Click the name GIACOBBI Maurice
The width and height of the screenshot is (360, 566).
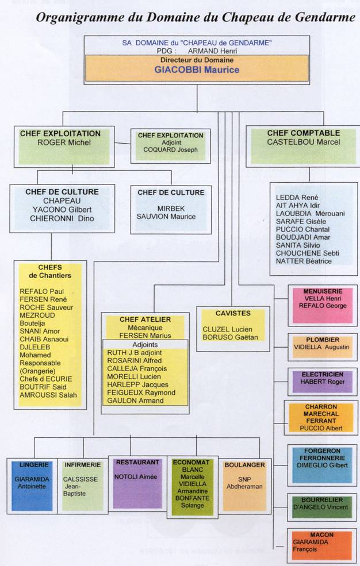(197, 70)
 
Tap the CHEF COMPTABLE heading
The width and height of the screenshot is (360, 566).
(303, 133)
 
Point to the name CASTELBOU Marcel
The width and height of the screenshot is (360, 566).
(303, 142)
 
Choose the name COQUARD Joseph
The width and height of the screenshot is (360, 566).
(170, 150)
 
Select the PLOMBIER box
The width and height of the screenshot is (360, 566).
(321, 344)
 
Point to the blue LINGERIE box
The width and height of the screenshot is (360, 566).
(32, 485)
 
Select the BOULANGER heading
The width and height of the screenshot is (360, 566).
(245, 465)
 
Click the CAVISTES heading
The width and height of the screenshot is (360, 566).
(232, 313)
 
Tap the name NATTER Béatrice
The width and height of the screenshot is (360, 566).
(304, 261)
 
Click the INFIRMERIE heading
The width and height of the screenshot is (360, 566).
(84, 464)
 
